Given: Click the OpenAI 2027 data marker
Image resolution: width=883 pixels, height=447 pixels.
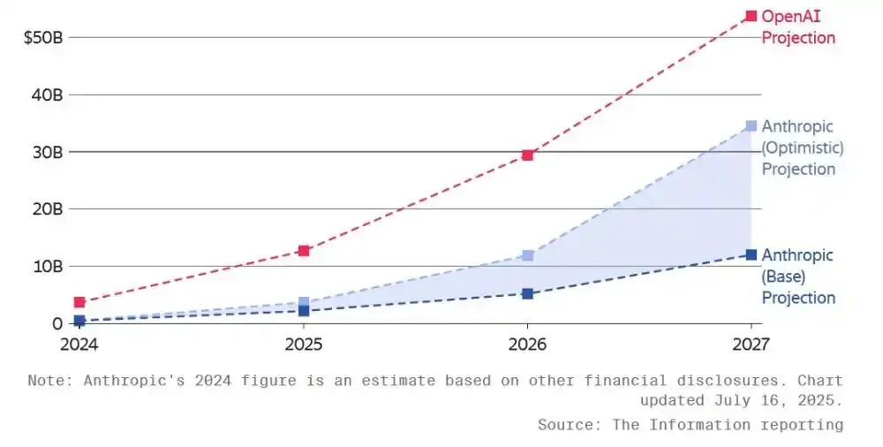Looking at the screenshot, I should pos(751,16).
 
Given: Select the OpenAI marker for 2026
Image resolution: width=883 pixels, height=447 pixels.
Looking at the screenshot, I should pos(527,155).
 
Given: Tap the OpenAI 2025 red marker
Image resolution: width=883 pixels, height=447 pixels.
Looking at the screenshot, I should pos(304,251).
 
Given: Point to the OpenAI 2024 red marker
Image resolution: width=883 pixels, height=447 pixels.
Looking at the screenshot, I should pos(79,302).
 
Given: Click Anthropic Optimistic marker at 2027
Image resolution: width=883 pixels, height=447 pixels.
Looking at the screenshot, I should pos(751,126).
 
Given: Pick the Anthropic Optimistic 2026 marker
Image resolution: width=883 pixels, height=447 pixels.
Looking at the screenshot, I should pos(527,255).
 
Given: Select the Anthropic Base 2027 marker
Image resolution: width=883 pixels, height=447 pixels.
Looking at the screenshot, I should pos(751,254).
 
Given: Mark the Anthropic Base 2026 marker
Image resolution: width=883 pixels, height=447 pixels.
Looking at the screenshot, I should pos(527,293).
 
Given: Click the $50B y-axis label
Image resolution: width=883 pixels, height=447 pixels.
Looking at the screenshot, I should pos(41,37).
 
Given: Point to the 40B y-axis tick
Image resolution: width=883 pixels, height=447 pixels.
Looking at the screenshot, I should pos(45,95).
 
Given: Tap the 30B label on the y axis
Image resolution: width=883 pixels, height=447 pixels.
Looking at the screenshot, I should pos(45,152).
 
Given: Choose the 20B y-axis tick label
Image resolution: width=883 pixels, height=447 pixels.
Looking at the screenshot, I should pos(45,209).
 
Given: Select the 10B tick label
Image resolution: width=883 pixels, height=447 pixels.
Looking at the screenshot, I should pos(45,266).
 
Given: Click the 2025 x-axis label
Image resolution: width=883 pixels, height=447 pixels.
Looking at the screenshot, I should pos(304,343).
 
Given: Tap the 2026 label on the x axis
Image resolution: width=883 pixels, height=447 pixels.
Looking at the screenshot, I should pos(527,343).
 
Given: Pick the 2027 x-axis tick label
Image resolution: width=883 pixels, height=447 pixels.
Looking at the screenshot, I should pos(750,343).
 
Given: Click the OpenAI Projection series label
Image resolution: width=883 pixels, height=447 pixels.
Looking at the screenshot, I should pos(797,27).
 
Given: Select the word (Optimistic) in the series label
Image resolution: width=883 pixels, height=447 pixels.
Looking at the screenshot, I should pos(802,148).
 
